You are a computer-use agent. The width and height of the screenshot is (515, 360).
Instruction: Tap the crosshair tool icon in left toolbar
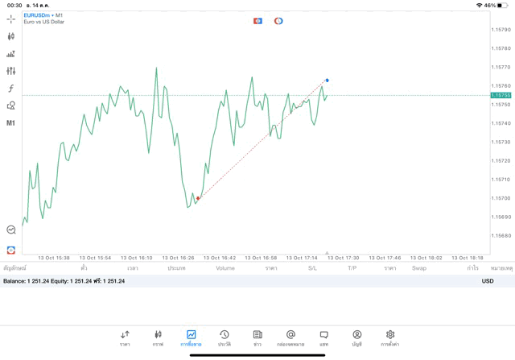pyautogui.click(x=10, y=19)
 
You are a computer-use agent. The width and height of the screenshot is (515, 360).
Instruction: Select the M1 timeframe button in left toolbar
pyautogui.click(x=10, y=123)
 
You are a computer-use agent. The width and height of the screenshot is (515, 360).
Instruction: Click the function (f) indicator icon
pyautogui.click(x=10, y=89)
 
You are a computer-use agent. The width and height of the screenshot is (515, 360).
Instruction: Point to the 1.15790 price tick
pyautogui.click(x=501, y=30)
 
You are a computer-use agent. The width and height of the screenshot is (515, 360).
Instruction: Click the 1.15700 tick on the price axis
pyautogui.click(x=501, y=198)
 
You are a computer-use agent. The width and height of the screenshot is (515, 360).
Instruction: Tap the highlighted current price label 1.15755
pyautogui.click(x=501, y=95)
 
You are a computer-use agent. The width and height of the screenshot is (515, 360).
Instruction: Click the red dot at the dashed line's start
pyautogui.click(x=198, y=197)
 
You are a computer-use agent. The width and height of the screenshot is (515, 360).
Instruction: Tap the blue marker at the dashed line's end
pyautogui.click(x=327, y=80)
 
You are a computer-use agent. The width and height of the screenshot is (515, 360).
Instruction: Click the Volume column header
pyautogui.click(x=225, y=268)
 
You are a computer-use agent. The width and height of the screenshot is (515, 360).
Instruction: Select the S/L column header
pyautogui.click(x=312, y=268)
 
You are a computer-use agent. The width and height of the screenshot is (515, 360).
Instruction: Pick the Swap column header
pyautogui.click(x=418, y=268)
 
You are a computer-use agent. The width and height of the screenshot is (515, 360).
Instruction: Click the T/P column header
pyautogui.click(x=352, y=268)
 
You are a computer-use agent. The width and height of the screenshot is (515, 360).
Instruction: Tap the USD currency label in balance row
pyautogui.click(x=487, y=281)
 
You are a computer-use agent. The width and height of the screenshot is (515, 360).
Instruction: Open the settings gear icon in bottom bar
pyautogui.click(x=390, y=337)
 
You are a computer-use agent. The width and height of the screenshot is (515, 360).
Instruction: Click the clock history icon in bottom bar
pyautogui.click(x=225, y=337)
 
